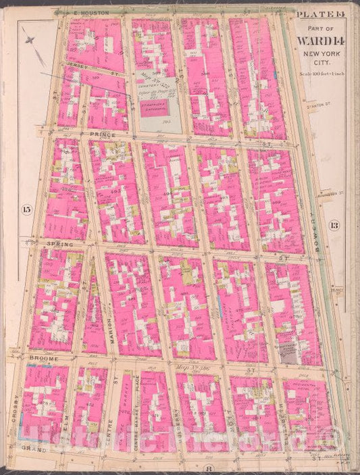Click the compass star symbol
(x=30, y=42)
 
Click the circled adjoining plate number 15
(x=26, y=209)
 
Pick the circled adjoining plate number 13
(x=334, y=225)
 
